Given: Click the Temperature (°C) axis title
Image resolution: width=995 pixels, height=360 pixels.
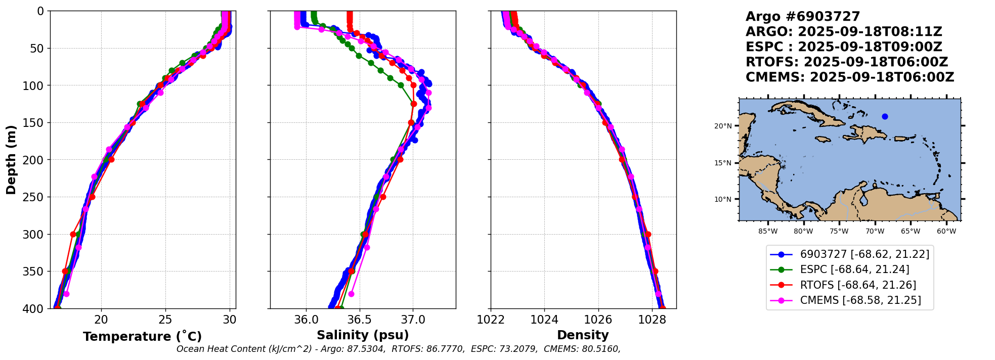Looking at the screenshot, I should tap(142, 337).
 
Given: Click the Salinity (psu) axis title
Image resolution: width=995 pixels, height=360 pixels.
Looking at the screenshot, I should tap(363, 335).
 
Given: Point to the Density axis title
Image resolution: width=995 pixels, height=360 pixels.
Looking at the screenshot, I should tap(583, 335).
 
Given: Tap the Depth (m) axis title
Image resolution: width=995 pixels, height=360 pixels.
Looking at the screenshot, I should tap(11, 160).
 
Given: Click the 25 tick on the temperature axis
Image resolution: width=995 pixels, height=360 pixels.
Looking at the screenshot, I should tap(165, 320).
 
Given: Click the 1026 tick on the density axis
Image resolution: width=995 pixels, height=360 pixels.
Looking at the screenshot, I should tap(598, 320).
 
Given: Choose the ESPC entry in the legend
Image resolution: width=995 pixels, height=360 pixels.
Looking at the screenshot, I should tap(854, 270).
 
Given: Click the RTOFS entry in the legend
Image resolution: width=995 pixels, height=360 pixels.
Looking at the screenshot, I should tap(858, 285).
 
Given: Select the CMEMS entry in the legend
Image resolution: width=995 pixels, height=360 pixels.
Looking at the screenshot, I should tap(860, 300).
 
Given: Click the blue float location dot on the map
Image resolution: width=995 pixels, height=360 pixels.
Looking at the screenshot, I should tap(885, 117).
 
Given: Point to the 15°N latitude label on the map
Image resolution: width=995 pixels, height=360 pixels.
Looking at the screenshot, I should tap(723, 163).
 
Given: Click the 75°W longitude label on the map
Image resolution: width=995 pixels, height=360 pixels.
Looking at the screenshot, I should tap(839, 232).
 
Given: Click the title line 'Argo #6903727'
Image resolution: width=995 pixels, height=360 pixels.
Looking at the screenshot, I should tap(803, 17).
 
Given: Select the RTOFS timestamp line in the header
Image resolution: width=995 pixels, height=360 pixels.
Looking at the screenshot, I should tap(846, 62).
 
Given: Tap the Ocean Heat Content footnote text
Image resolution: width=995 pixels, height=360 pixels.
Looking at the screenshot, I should tap(398, 349).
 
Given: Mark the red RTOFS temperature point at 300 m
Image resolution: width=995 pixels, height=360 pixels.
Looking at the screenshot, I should tap(73, 234).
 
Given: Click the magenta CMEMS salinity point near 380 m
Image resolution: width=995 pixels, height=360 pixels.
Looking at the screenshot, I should tap(351, 294).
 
